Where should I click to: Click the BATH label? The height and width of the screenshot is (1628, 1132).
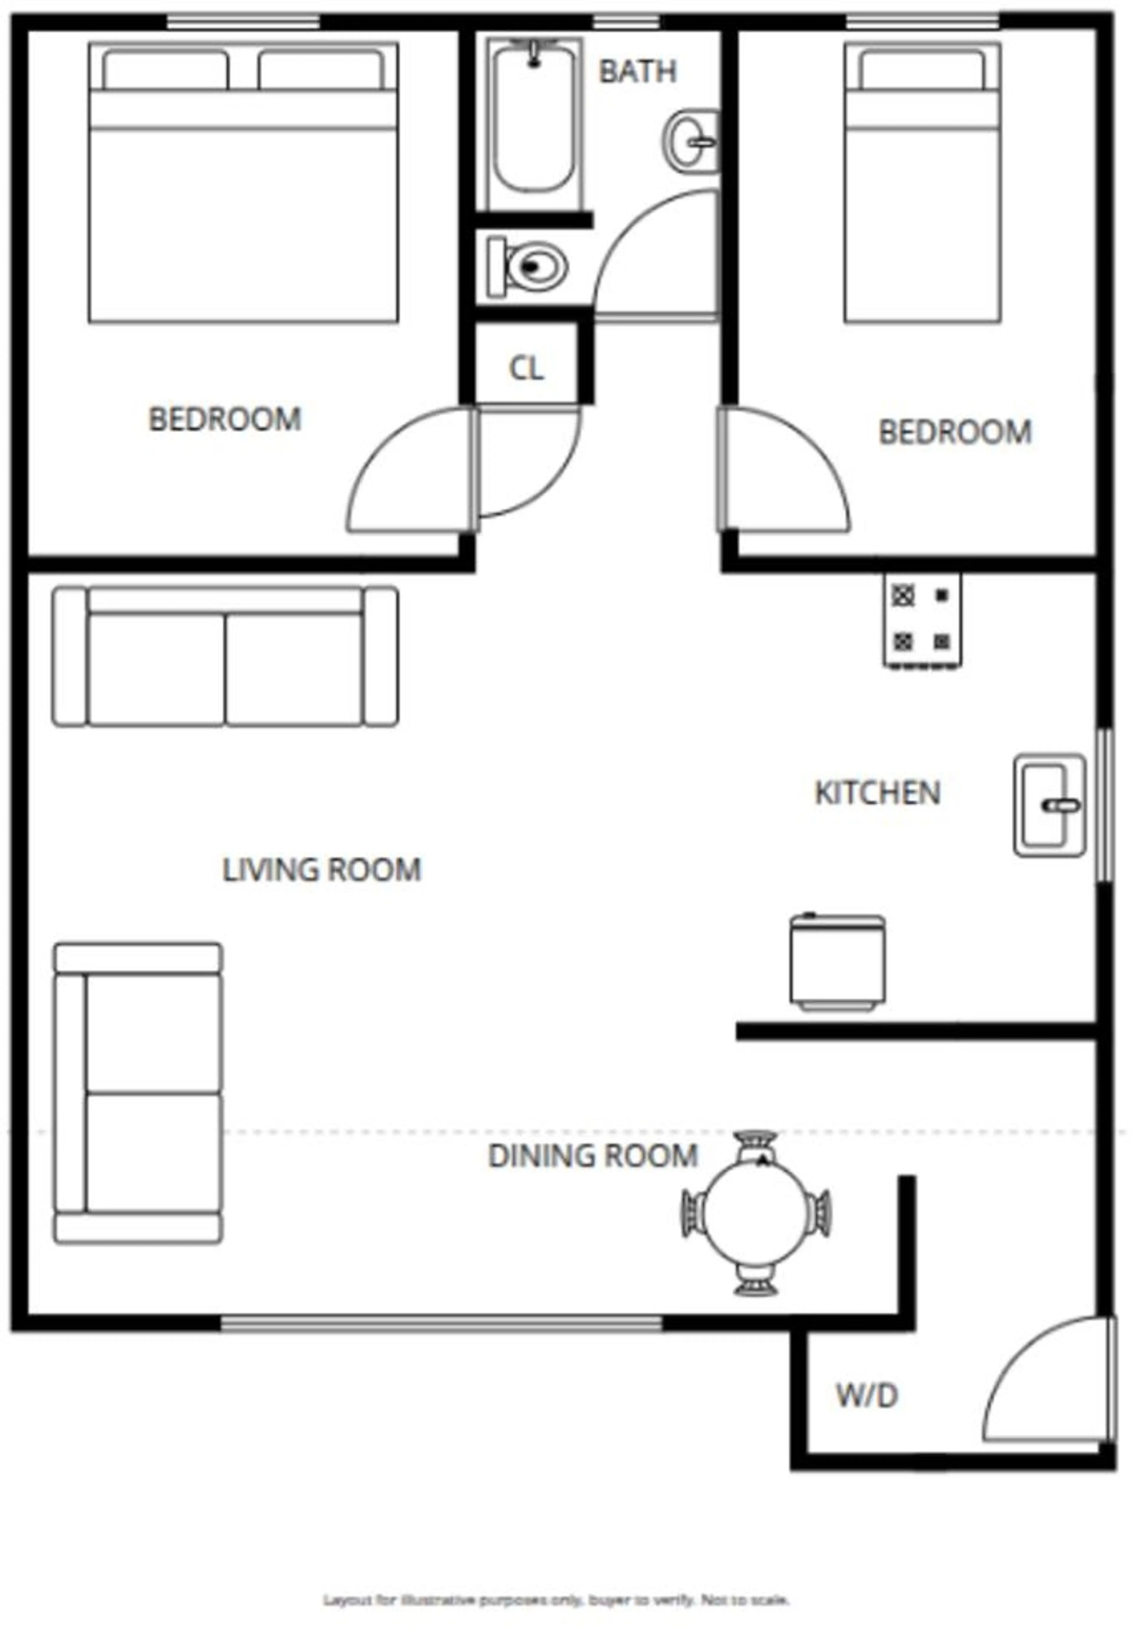coord(637,71)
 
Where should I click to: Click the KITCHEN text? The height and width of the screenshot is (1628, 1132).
coord(877,793)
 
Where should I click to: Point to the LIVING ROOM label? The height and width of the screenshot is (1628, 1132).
coord(322,870)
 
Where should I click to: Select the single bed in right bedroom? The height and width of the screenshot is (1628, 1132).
coord(922,183)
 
